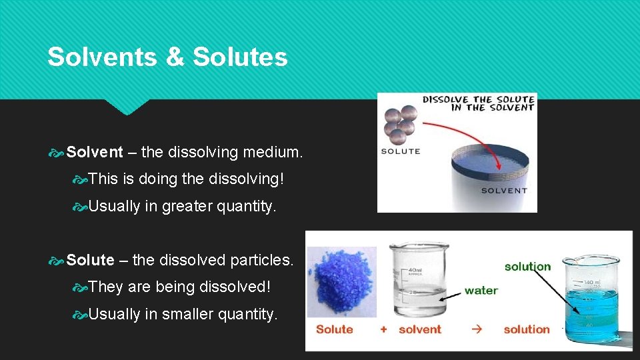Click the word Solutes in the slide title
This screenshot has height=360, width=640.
click(x=240, y=57)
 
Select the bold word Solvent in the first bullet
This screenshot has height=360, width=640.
click(x=95, y=153)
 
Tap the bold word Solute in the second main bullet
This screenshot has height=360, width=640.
click(x=91, y=260)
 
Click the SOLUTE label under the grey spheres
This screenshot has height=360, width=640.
click(x=401, y=151)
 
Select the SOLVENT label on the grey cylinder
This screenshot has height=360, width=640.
click(x=504, y=191)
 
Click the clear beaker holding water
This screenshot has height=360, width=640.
click(x=420, y=280)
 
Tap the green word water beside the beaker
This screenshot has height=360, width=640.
click(x=481, y=291)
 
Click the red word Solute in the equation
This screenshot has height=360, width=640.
click(x=334, y=329)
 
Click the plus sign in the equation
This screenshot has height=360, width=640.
click(x=383, y=329)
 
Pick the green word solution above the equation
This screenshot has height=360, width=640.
click(x=527, y=267)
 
